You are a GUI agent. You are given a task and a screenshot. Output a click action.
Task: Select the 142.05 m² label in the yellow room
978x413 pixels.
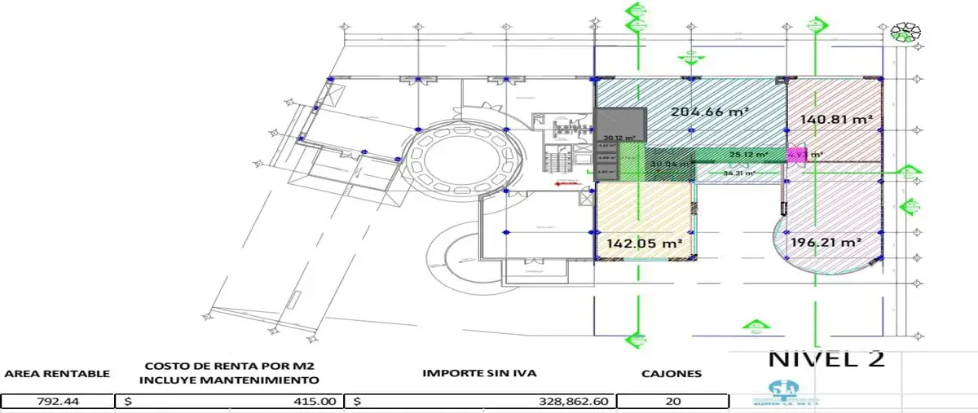pos(644,243)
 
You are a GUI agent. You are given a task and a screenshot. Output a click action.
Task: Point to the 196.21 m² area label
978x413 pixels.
pos(826,243)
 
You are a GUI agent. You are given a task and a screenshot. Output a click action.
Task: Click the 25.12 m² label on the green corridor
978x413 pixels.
pos(748,154)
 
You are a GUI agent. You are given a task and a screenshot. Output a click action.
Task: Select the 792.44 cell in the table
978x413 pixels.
pos(57,401)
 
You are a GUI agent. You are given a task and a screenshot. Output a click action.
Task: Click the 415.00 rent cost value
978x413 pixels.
pos(316,401)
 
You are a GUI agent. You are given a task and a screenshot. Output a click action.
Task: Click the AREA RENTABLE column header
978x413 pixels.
pos(57,373)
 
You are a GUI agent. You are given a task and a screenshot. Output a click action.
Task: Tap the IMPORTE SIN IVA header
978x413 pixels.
pos(478,373)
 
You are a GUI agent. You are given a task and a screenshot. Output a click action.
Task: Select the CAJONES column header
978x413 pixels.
pos(671,373)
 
